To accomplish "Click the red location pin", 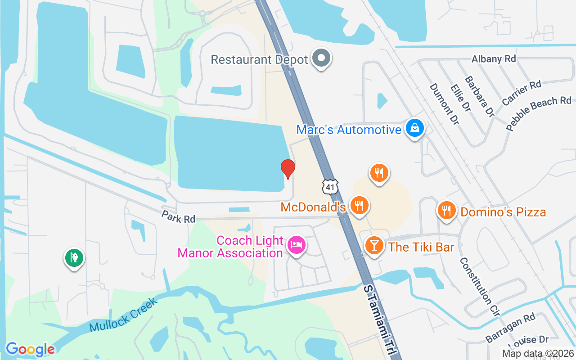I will [x=288, y=169].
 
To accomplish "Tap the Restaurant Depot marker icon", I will [x=322, y=58].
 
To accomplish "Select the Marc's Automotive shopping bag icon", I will [x=414, y=129].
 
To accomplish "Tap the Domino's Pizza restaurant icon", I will [x=446, y=210].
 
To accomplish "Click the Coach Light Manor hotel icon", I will [x=297, y=246].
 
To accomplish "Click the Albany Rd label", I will [x=493, y=59].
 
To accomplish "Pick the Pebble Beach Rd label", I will [x=538, y=113].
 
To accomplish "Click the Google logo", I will [x=30, y=349].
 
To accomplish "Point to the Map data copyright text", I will [x=538, y=353].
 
